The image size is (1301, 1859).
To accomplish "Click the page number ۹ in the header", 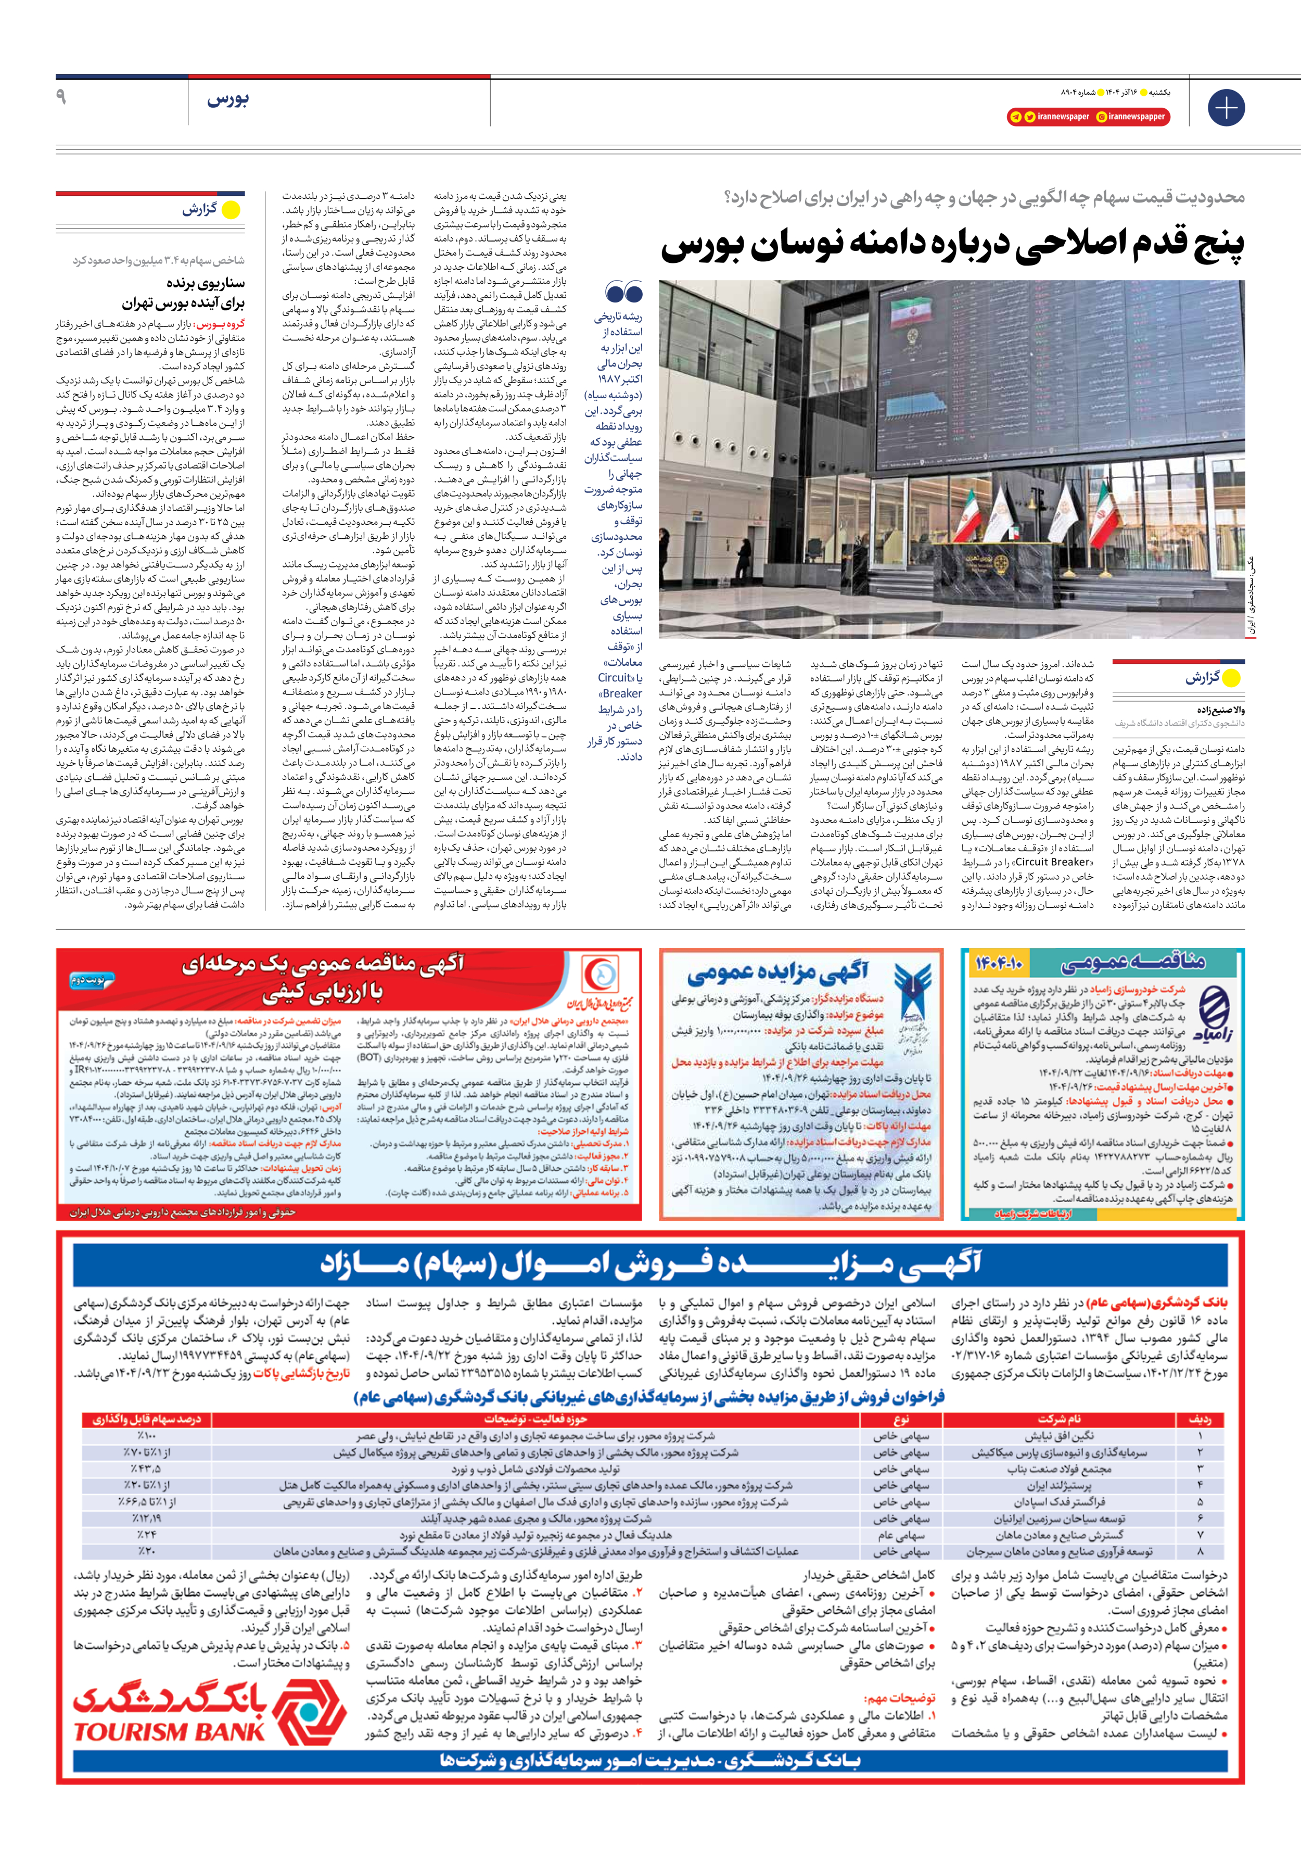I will click(61, 98).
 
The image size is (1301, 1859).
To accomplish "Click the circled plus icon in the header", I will click(1226, 108).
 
